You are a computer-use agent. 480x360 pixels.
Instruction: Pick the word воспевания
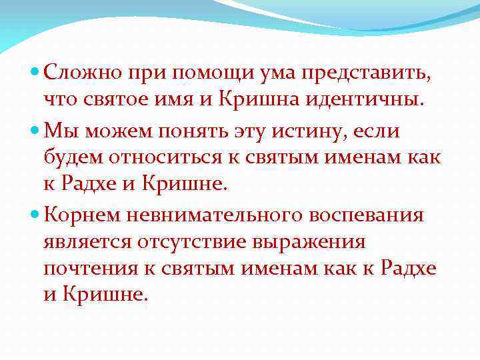pyautogui.click(x=372, y=215)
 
